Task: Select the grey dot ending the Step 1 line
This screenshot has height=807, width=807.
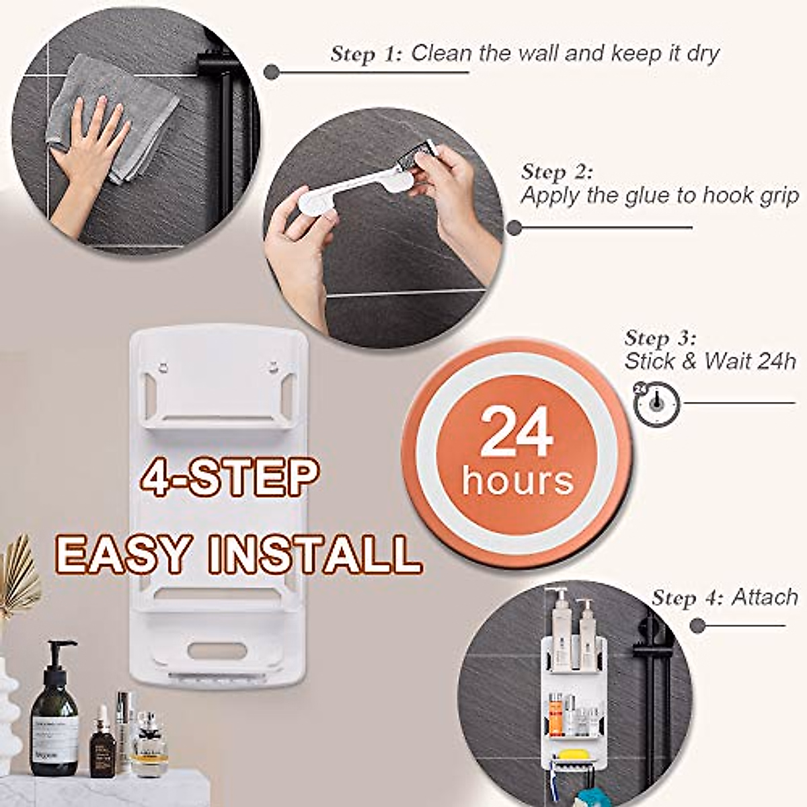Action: pyautogui.click(x=272, y=72)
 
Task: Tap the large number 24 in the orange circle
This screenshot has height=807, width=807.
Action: pyautogui.click(x=516, y=434)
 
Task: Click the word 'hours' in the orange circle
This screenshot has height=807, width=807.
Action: pyautogui.click(x=517, y=482)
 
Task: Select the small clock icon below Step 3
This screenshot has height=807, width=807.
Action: pyautogui.click(x=656, y=403)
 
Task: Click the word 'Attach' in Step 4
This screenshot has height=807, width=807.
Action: pyautogui.click(x=764, y=597)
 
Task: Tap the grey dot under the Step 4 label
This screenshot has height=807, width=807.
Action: pyautogui.click(x=697, y=625)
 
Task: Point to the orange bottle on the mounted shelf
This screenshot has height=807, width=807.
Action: pyautogui.click(x=556, y=717)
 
